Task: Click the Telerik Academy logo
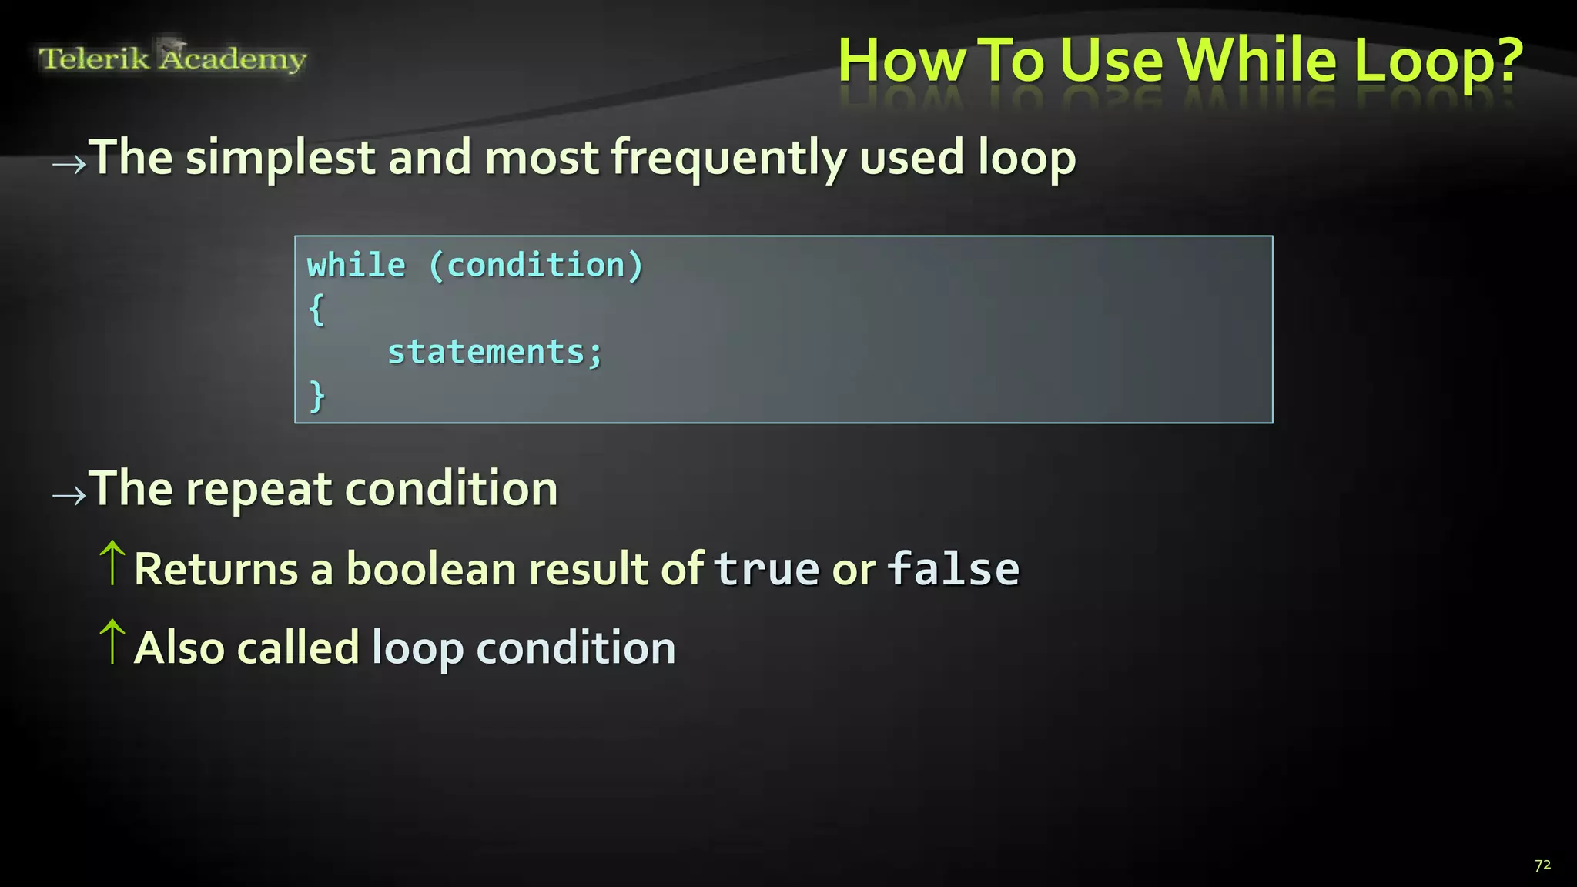point(172,58)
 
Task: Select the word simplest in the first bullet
point(280,159)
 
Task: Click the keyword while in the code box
point(356,266)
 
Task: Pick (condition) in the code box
point(536,266)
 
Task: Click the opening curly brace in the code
point(316,310)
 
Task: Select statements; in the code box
point(494,353)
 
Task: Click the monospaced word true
point(766,569)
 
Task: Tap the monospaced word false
point(953,569)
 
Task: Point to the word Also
point(179,648)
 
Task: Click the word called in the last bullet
point(298,648)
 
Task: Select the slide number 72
point(1542,865)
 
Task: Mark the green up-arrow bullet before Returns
point(112,563)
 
